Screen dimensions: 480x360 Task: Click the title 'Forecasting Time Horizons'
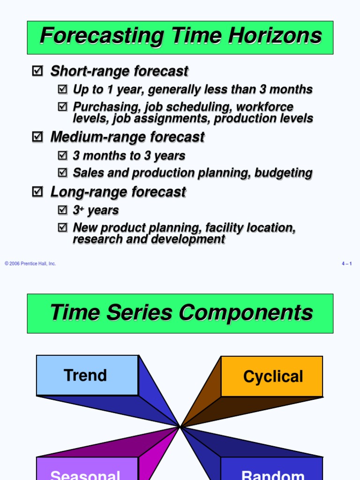point(180,37)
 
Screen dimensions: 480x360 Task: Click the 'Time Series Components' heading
point(181,313)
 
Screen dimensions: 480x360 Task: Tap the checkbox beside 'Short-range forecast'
point(37,71)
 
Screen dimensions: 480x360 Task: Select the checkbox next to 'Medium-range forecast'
point(37,137)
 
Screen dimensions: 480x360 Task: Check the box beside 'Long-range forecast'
point(37,192)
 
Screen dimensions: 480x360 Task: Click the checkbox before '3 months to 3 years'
point(62,156)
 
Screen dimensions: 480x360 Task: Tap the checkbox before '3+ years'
point(62,210)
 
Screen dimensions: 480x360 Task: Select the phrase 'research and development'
point(149,239)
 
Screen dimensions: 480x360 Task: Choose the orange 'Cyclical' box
point(272,376)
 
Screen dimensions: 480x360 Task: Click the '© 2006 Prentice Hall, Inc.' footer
point(30,264)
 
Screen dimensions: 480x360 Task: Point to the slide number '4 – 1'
point(346,264)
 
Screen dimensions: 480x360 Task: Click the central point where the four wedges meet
point(180,427)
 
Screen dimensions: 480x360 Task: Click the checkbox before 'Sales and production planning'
point(62,173)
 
